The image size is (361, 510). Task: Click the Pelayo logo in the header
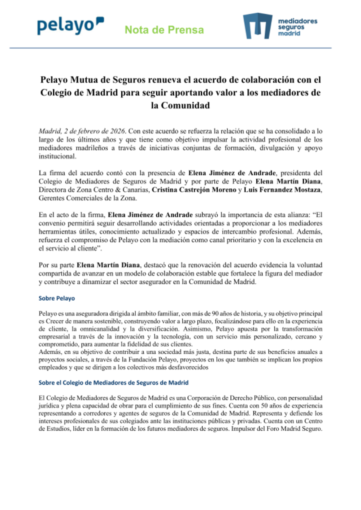70,26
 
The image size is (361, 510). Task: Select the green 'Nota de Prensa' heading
164,30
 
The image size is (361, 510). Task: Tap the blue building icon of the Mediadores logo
257,26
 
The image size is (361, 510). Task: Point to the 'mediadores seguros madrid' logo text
297,27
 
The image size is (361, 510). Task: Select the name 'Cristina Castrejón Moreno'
194,190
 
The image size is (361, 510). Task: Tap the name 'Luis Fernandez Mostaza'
282,190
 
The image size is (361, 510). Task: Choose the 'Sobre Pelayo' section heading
57,298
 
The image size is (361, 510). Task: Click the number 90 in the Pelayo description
215,314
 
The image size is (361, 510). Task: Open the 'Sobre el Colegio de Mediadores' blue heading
113,383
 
